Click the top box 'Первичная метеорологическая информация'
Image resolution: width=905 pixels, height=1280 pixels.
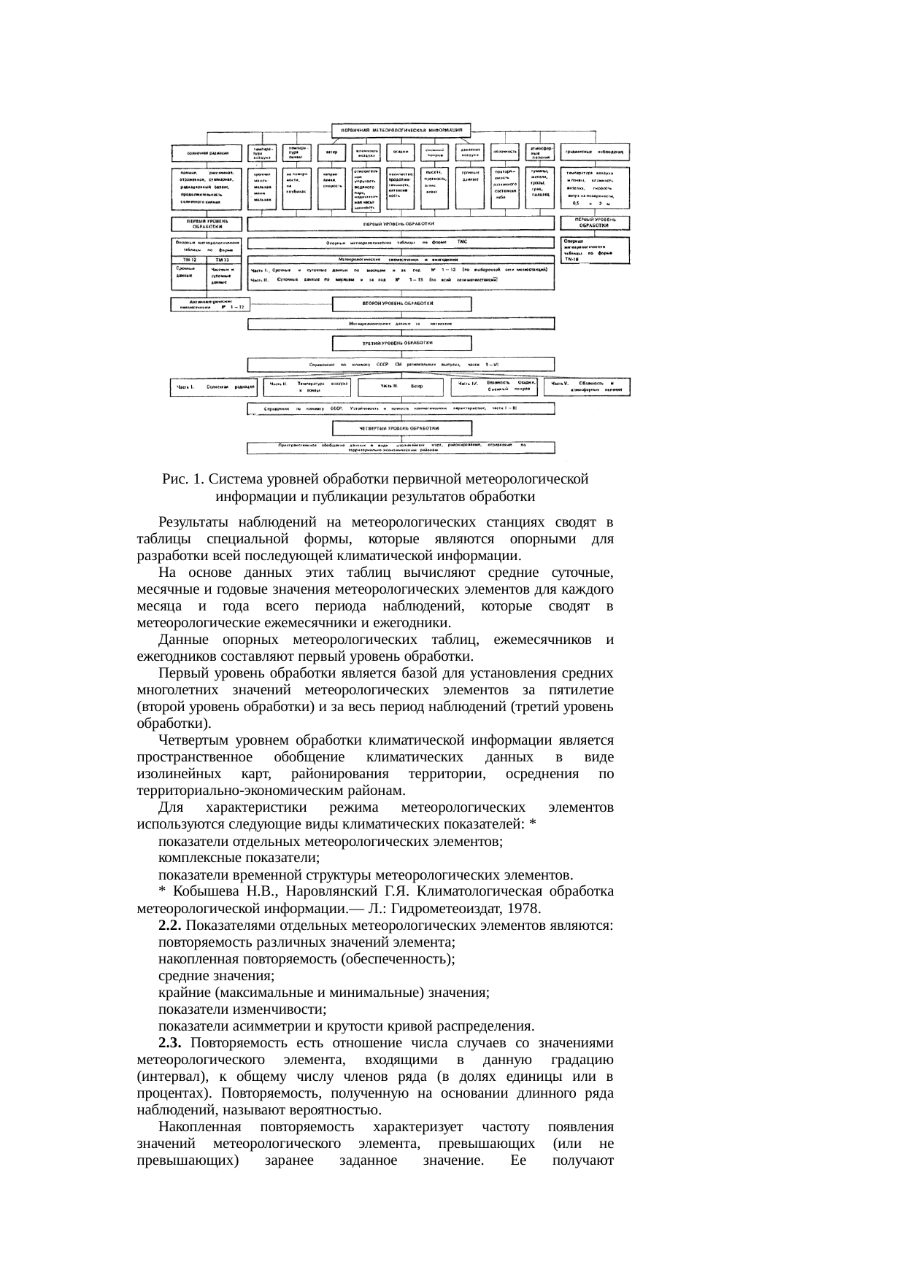(401, 130)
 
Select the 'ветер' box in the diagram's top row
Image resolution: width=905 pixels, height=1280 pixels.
(331, 152)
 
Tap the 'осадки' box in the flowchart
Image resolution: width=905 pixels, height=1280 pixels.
(400, 152)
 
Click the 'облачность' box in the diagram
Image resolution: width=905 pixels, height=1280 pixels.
(505, 152)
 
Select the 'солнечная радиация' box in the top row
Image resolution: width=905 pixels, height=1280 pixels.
(208, 153)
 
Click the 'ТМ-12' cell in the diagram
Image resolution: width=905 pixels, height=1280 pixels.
(189, 260)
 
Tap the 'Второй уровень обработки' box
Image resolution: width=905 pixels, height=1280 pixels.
(401, 303)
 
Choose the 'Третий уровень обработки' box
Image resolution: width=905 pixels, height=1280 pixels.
(401, 343)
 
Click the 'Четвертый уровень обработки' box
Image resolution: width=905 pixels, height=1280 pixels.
(401, 429)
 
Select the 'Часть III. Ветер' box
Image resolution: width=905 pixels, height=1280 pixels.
(401, 386)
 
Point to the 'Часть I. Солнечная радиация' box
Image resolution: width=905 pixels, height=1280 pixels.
(213, 387)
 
